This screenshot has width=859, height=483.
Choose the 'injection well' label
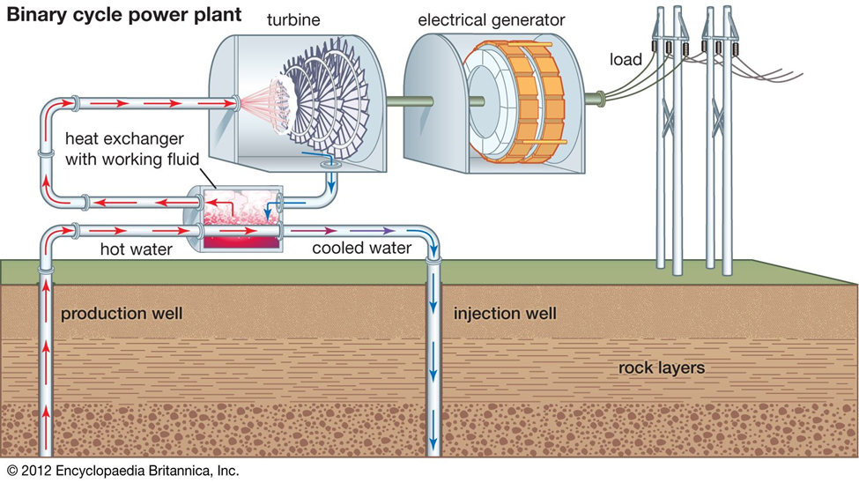point(505,314)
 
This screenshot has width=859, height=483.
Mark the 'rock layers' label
point(661,368)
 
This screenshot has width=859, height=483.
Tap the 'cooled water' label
point(361,249)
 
